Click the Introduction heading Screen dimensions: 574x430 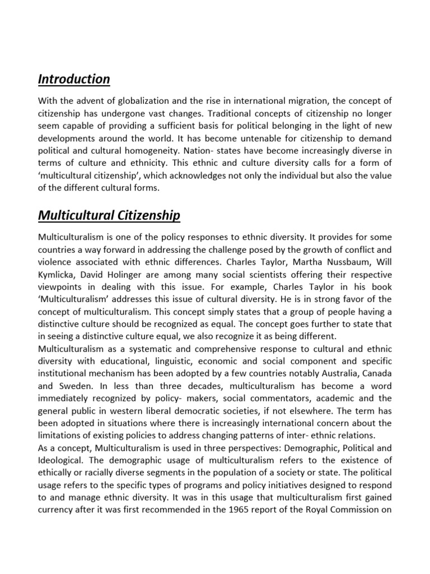tap(74, 79)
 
